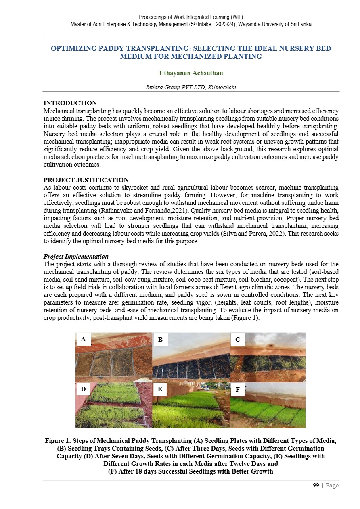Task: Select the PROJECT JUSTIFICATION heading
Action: (86, 180)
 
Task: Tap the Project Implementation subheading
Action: (75, 257)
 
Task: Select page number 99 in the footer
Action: (316, 485)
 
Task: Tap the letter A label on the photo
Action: (83, 340)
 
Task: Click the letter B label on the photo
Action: (160, 340)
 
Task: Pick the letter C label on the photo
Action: (238, 340)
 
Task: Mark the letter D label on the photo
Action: (83, 389)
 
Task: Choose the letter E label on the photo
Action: (160, 389)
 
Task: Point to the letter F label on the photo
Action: (238, 390)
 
